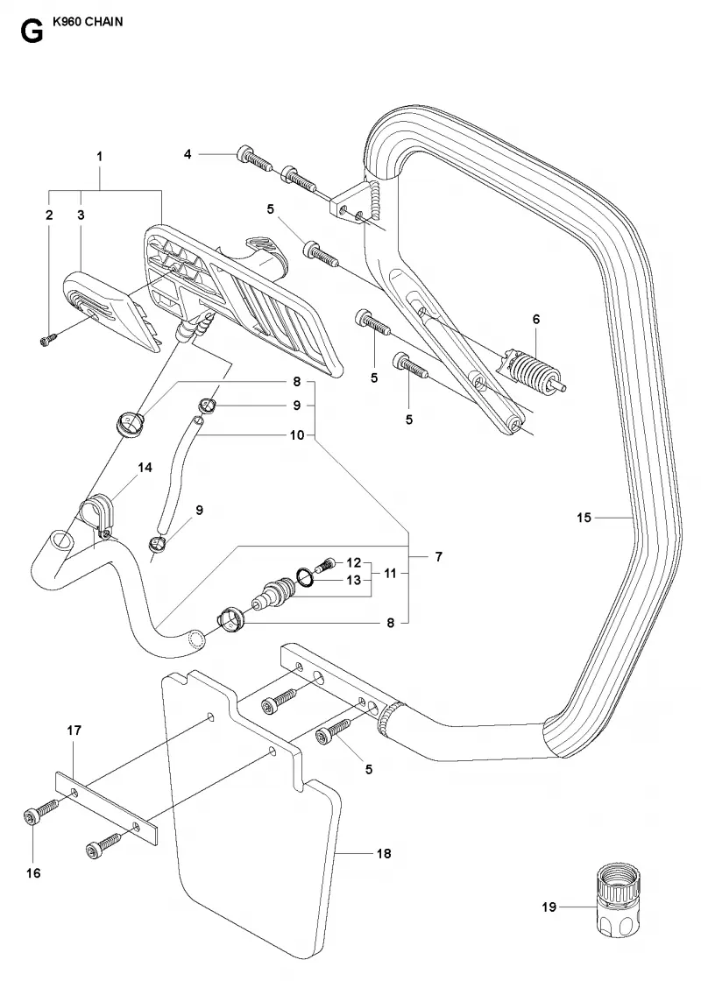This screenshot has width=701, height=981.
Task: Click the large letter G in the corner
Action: click(32, 32)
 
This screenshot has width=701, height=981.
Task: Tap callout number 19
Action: click(549, 907)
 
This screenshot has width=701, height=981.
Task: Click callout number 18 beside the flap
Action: click(384, 853)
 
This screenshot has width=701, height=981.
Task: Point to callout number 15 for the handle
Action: click(584, 518)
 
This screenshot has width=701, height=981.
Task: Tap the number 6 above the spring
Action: click(536, 319)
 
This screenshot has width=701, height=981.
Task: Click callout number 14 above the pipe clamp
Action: click(145, 468)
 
